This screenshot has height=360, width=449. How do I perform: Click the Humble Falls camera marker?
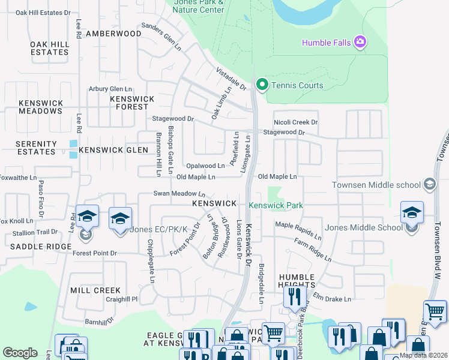(x=360, y=42)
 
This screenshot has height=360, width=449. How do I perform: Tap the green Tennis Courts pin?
(x=262, y=85)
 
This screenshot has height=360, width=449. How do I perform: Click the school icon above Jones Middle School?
(x=412, y=212)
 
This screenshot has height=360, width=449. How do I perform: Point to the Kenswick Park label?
(x=277, y=205)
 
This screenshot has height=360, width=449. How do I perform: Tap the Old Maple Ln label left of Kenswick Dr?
(x=196, y=177)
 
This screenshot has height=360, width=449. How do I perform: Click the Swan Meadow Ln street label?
(x=179, y=194)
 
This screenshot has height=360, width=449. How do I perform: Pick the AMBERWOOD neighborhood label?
(x=113, y=34)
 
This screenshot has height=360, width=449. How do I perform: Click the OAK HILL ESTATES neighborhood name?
(x=49, y=48)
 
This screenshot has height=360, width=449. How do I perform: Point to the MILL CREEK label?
(x=95, y=290)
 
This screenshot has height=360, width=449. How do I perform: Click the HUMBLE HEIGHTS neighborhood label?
(x=297, y=281)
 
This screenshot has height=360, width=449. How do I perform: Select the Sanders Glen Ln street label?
(x=161, y=36)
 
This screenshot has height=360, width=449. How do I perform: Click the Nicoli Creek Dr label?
(x=295, y=122)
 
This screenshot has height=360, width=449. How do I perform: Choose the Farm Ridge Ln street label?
(x=313, y=250)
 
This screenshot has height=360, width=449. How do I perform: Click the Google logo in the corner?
(x=20, y=353)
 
